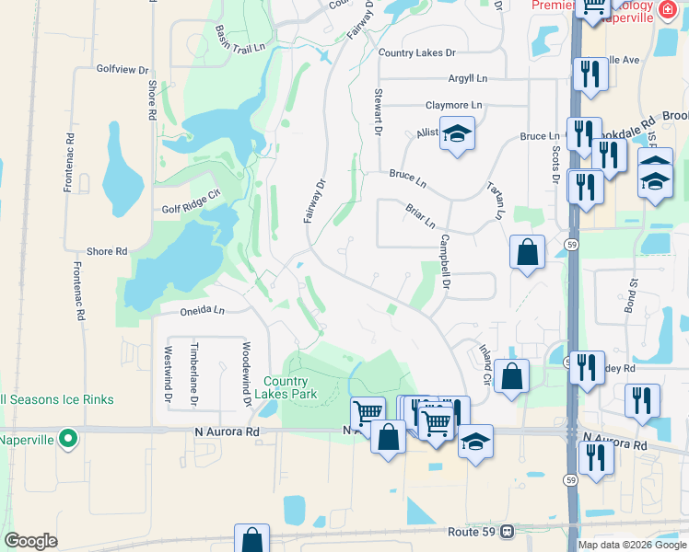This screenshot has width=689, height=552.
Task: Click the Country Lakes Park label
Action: [290, 387]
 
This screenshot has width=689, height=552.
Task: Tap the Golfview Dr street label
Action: [123, 69]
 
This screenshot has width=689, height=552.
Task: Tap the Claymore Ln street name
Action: [453, 106]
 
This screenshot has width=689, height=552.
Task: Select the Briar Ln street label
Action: [420, 217]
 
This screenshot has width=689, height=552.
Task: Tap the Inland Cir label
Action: [485, 364]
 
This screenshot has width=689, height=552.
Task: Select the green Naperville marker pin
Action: [67, 439]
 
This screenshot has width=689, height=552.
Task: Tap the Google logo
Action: [30, 541]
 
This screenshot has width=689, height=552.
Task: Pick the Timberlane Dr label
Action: [193, 374]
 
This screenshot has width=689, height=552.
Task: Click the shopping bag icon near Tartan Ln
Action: [527, 252]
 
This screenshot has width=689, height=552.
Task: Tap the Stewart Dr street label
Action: [377, 113]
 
